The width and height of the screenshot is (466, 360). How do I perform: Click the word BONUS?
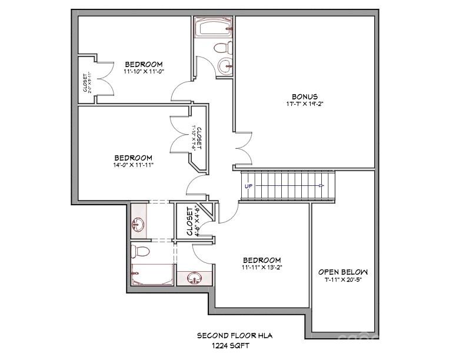tap(304, 96)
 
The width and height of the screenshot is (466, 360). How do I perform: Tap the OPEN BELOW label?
tap(343, 272)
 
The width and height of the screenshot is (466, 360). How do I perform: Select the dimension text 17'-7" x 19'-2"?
tap(305, 104)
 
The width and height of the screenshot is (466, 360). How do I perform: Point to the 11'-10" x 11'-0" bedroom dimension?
tap(143, 72)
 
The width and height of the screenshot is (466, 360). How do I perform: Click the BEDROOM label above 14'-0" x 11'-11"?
tap(134, 158)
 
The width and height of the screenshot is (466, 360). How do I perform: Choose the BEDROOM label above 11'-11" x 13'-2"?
tap(262, 260)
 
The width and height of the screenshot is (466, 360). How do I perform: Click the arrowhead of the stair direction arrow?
tap(321, 186)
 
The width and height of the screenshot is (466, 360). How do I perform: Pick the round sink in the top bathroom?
tap(224, 64)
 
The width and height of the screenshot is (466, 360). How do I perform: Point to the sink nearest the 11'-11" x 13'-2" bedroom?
tap(194, 278)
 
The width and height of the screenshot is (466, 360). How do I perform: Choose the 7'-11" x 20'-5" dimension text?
tap(343, 280)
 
